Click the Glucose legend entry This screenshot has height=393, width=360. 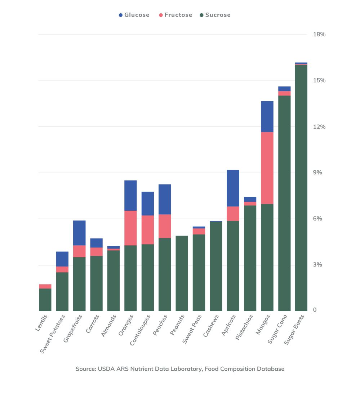pos(134,15)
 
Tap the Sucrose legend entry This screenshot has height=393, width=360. pos(215,15)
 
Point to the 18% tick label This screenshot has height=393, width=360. pos(319,35)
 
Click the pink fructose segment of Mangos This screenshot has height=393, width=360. pos(267,168)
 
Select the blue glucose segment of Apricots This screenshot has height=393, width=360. pos(233,188)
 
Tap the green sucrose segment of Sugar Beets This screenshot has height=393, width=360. pos(301,187)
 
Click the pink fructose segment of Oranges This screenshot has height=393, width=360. pos(130,228)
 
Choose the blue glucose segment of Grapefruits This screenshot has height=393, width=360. pos(79,233)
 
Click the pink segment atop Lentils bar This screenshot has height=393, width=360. pos(45,286)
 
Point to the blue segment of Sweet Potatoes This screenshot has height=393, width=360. pos(62,259)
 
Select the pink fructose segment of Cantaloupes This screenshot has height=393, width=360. pos(147,230)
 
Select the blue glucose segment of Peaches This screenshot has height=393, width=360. pos(165,199)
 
